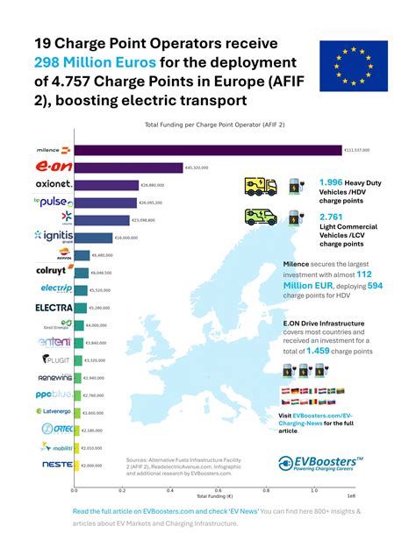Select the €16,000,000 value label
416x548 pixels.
pyautogui.click(x=128, y=238)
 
